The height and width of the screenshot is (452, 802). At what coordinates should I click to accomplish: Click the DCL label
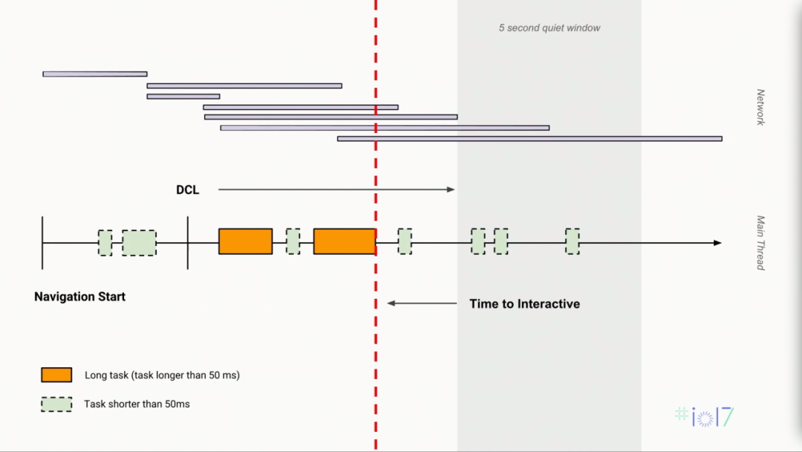(x=188, y=190)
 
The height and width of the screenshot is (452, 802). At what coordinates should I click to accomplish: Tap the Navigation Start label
(x=79, y=297)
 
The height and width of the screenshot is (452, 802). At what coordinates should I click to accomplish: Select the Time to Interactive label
(x=524, y=304)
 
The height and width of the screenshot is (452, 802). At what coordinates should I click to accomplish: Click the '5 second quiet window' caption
(x=550, y=28)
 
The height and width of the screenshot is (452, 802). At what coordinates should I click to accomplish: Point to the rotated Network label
(x=760, y=107)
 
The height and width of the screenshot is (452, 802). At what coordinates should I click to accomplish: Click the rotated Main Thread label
(x=760, y=242)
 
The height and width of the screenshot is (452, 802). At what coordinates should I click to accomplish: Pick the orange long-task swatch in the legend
(x=56, y=375)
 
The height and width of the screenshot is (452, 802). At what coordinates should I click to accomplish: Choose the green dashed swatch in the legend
(x=56, y=404)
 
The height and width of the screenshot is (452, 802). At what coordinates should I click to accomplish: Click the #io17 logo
(x=705, y=416)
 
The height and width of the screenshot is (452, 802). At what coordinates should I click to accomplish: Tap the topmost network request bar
(x=95, y=74)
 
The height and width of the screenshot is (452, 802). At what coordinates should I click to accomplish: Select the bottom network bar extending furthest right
(x=529, y=139)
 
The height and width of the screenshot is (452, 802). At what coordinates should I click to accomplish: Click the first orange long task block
(x=246, y=242)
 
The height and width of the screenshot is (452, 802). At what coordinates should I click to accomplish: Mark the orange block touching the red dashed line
(x=345, y=242)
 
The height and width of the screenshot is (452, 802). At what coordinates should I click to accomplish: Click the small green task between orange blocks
(x=293, y=242)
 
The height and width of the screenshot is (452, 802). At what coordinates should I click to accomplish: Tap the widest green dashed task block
(x=139, y=242)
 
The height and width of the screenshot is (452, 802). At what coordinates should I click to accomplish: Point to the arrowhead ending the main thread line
(x=717, y=243)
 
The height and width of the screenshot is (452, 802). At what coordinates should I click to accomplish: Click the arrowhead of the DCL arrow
(x=451, y=190)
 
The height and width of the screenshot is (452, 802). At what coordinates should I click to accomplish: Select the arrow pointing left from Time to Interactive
(x=422, y=303)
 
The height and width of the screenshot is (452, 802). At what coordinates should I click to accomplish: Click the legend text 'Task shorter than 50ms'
(x=137, y=404)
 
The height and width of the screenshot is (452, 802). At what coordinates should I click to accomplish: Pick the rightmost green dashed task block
(x=573, y=242)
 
